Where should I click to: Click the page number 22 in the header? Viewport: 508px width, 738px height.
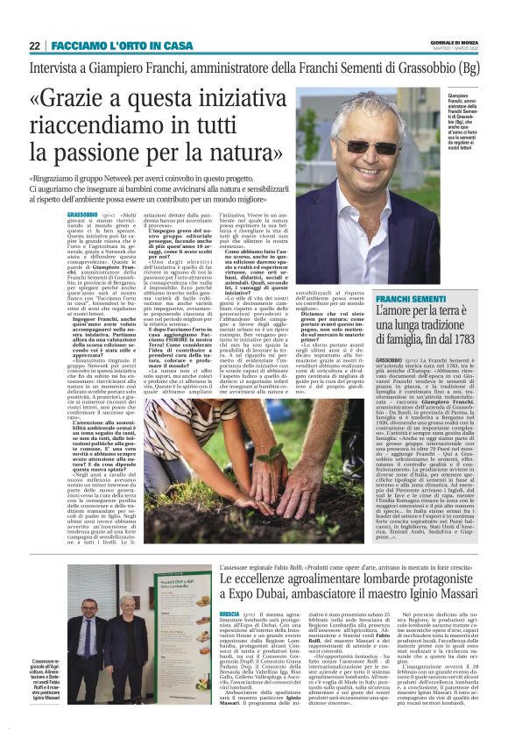pos(34,46)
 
